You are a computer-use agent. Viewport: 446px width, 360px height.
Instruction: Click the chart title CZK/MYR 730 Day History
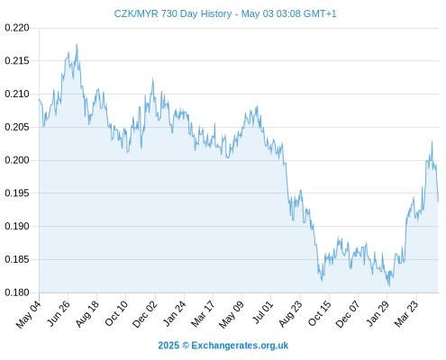click(x=173, y=13)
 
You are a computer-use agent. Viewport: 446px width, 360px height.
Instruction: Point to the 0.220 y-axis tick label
click(x=17, y=28)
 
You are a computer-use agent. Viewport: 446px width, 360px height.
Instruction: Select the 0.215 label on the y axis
click(x=17, y=61)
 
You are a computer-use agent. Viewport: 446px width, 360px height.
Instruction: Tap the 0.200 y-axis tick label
click(x=17, y=160)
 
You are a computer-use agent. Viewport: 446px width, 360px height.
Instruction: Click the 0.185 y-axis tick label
click(x=17, y=259)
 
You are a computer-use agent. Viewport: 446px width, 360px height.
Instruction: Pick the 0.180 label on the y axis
click(x=17, y=292)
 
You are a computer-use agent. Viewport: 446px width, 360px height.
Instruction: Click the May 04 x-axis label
click(x=29, y=314)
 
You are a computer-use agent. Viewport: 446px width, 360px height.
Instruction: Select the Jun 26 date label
click(x=59, y=313)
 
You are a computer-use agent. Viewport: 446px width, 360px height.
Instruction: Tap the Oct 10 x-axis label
click(x=116, y=313)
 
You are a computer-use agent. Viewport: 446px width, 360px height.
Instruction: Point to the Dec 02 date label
click(x=145, y=314)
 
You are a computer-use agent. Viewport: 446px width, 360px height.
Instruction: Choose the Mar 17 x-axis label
click(x=203, y=314)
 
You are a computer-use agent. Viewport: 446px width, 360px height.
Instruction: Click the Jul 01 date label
click(x=263, y=312)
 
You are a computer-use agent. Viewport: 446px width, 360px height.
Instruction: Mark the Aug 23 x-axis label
click(x=290, y=314)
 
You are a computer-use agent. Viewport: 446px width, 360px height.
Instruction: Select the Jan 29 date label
click(x=378, y=314)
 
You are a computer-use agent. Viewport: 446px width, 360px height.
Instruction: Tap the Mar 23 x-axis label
click(x=406, y=314)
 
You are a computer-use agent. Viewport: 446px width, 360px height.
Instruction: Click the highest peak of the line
click(x=77, y=44)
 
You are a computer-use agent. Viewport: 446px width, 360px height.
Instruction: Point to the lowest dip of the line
click(x=389, y=286)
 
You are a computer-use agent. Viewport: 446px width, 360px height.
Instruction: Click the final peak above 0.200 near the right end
click(x=432, y=141)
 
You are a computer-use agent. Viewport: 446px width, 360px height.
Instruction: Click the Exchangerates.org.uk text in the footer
click(x=240, y=346)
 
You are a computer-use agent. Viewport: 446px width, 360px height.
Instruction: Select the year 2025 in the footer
click(x=168, y=346)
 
